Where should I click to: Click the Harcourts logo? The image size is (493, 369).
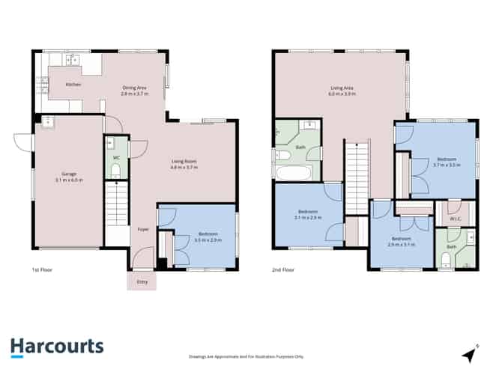click(x=57, y=347)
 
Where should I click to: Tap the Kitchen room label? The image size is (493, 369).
click(x=73, y=85)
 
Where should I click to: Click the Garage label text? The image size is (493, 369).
click(x=67, y=176)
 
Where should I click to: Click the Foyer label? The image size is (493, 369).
click(x=142, y=231)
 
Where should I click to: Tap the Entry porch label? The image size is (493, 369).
click(x=142, y=281)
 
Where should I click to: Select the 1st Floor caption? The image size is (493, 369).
click(x=41, y=269)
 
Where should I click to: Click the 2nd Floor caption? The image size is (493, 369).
click(x=284, y=269)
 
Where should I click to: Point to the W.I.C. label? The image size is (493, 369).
click(x=453, y=219)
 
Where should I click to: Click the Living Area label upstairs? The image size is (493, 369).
click(x=340, y=91)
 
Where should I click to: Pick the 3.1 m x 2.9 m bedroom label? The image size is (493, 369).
click(x=306, y=215)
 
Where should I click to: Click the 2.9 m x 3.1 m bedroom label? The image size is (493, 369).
click(x=401, y=241)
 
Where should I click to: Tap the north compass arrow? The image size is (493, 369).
click(x=470, y=352)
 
